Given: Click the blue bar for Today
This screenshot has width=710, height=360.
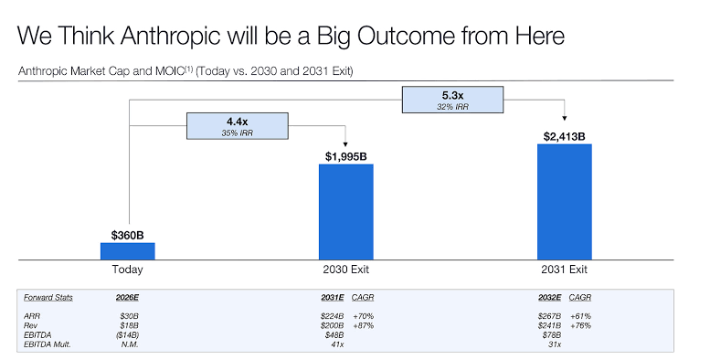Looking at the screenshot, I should [127, 250].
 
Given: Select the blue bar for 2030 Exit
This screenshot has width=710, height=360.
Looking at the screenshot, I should [345, 211].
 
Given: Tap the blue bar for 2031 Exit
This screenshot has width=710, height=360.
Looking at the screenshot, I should [564, 201].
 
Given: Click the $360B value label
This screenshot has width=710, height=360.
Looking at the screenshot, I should [127, 235].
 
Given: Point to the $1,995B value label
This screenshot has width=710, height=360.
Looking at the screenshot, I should [345, 156].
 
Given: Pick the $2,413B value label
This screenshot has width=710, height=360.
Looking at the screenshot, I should [564, 136].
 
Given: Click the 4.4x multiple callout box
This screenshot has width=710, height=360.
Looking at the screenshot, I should [237, 125].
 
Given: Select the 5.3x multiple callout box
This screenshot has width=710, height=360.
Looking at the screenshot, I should [454, 100].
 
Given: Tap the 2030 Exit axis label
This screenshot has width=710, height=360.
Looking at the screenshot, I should [345, 270].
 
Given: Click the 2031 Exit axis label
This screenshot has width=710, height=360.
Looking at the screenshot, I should [564, 270].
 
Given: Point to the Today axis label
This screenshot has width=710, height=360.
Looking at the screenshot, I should [127, 270].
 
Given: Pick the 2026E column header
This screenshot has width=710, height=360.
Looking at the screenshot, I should [127, 298].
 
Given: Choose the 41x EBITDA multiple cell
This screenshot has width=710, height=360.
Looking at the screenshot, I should [337, 344].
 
